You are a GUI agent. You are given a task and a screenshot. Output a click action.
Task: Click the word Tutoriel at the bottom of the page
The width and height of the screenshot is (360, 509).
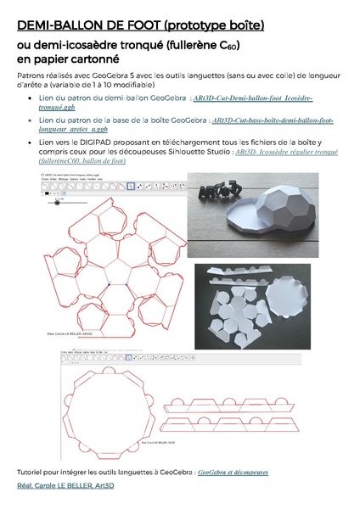click(x=31, y=471)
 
